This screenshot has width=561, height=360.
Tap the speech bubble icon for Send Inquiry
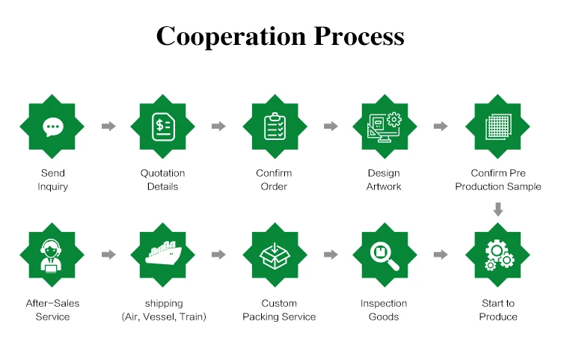[52, 126]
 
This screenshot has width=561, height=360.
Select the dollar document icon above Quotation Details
[162, 126]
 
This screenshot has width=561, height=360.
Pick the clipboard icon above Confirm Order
[274, 126]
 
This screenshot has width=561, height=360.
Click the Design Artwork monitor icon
[384, 126]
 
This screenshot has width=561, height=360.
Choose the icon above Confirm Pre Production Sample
[498, 126]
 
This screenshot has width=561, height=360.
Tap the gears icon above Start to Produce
[498, 255]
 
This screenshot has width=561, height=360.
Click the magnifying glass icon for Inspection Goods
[384, 255]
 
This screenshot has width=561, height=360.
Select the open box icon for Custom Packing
[274, 255]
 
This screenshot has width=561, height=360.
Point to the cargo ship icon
[162, 255]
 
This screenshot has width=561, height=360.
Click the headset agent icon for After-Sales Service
[52, 255]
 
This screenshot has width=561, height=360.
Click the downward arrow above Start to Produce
[498, 209]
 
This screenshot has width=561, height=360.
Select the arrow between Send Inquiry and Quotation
[108, 126]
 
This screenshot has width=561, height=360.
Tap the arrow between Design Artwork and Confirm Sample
[441, 126]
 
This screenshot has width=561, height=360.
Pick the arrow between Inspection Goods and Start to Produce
[441, 255]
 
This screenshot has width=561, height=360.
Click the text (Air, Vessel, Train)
[163, 317]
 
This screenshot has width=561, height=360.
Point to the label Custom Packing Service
[279, 310]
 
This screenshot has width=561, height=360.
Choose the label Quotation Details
[162, 180]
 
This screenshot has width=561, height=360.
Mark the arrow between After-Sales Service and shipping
[108, 255]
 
